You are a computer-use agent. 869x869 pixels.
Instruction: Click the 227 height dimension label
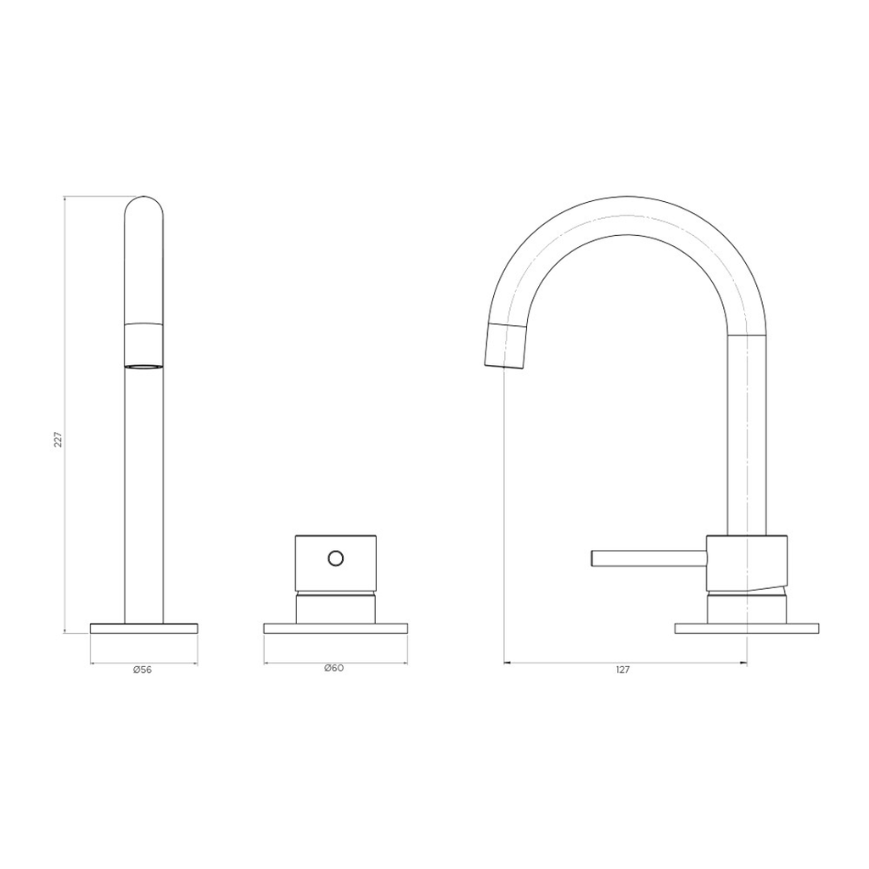59,439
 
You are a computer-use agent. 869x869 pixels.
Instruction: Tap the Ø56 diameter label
143,670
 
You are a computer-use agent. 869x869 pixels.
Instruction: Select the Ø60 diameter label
334,668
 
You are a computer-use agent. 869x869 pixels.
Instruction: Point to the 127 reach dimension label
623,670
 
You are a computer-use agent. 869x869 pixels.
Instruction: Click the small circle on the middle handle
335,558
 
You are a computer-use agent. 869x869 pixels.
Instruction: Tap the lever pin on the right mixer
649,558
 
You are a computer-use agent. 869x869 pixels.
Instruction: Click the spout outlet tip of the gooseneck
504,346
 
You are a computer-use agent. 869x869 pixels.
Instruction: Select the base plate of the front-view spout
144,628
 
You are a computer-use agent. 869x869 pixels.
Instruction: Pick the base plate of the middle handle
336,629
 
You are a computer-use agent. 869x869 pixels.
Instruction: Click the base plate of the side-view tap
747,629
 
